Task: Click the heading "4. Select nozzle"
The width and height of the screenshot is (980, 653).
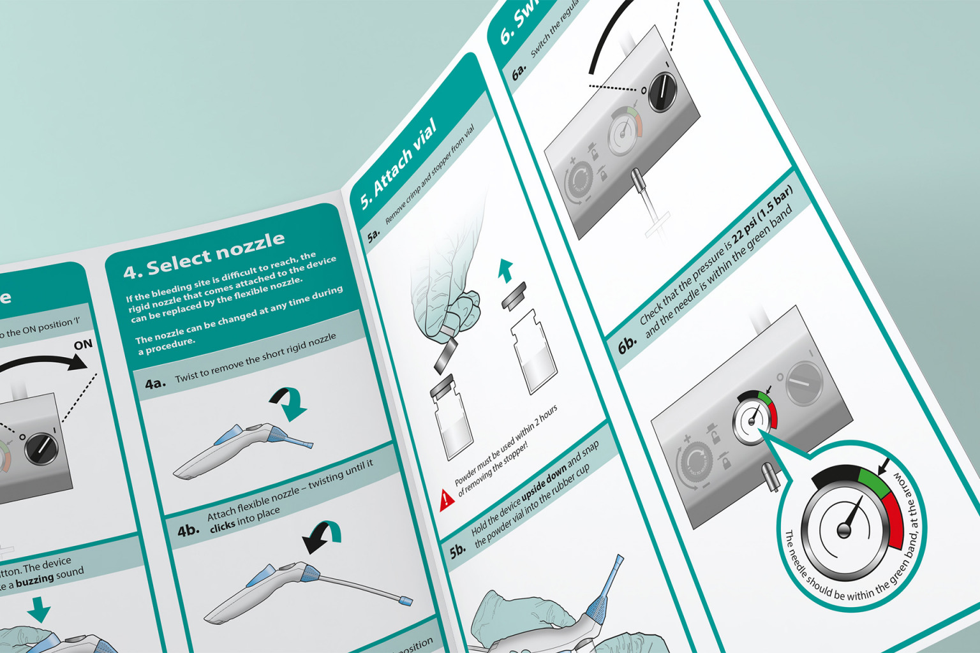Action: [204, 255]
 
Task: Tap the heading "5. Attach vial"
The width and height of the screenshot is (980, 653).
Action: [399, 163]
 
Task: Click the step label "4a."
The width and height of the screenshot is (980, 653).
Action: [155, 383]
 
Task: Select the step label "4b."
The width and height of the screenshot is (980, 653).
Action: [188, 529]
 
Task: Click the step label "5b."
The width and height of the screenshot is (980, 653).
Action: [457, 551]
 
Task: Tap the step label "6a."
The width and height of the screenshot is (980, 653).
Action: [519, 72]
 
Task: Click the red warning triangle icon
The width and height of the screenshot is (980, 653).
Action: [447, 499]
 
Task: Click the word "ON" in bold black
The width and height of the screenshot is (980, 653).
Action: [83, 345]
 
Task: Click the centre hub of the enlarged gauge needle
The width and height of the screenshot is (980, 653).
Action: [844, 530]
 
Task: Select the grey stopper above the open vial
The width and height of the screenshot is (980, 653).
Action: [514, 295]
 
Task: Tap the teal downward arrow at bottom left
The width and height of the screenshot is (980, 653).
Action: [39, 609]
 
